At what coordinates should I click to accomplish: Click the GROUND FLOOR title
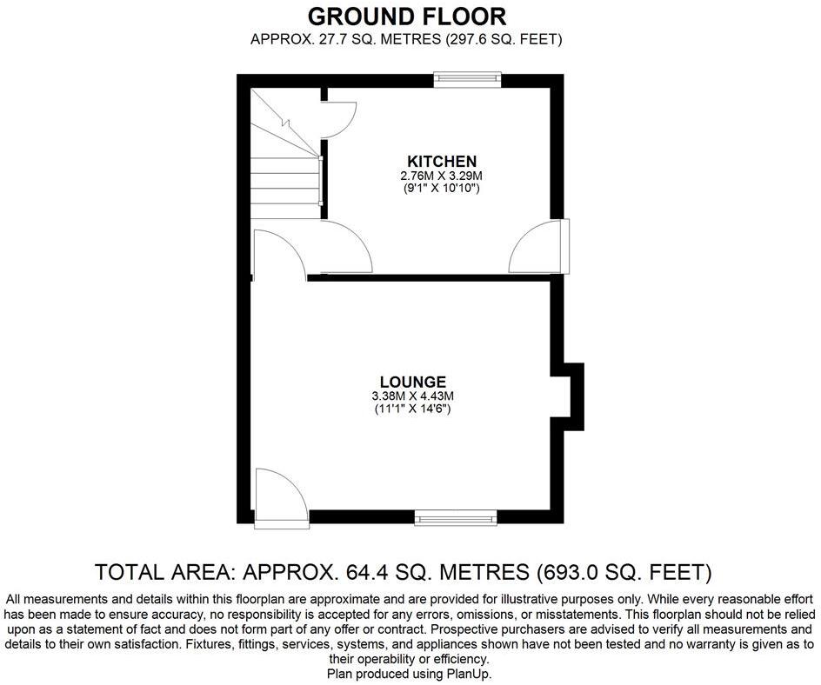407,16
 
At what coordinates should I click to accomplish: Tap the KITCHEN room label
442,161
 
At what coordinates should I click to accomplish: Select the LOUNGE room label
412,382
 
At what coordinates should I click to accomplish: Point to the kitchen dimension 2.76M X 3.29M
442,176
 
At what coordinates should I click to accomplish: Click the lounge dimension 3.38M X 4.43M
412,396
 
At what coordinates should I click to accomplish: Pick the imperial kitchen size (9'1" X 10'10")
442,188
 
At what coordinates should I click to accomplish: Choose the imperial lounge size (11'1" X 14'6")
412,409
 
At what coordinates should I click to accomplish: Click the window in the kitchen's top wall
468,80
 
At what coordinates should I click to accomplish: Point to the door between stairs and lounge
277,255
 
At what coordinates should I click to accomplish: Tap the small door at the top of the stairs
338,117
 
